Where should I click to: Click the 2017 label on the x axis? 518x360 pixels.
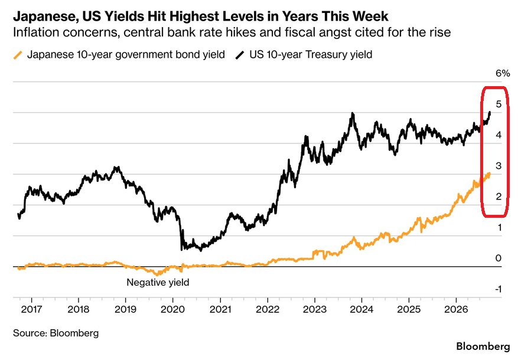(31, 309)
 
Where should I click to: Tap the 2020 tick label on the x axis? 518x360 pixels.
(173, 309)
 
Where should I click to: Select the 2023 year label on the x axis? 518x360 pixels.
(314, 309)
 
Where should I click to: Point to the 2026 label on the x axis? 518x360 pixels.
(456, 309)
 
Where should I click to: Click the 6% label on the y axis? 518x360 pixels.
(503, 73)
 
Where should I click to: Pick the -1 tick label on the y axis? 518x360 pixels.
(498, 289)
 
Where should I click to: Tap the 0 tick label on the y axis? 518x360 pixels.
(499, 258)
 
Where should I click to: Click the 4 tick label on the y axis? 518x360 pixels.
(499, 135)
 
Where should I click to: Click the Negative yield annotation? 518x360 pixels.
(158, 283)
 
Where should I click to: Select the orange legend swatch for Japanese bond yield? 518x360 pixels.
(18, 55)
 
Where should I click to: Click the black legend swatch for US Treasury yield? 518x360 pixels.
(240, 55)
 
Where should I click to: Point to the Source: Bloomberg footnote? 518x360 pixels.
(56, 333)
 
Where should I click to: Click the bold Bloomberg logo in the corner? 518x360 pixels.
(483, 346)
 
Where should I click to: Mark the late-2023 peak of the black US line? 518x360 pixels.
(353, 113)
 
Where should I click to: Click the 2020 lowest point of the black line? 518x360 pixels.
(182, 250)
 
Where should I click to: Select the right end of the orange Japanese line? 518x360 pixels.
(489, 174)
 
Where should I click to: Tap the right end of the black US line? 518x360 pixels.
(490, 113)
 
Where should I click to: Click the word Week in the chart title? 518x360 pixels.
(373, 16)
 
